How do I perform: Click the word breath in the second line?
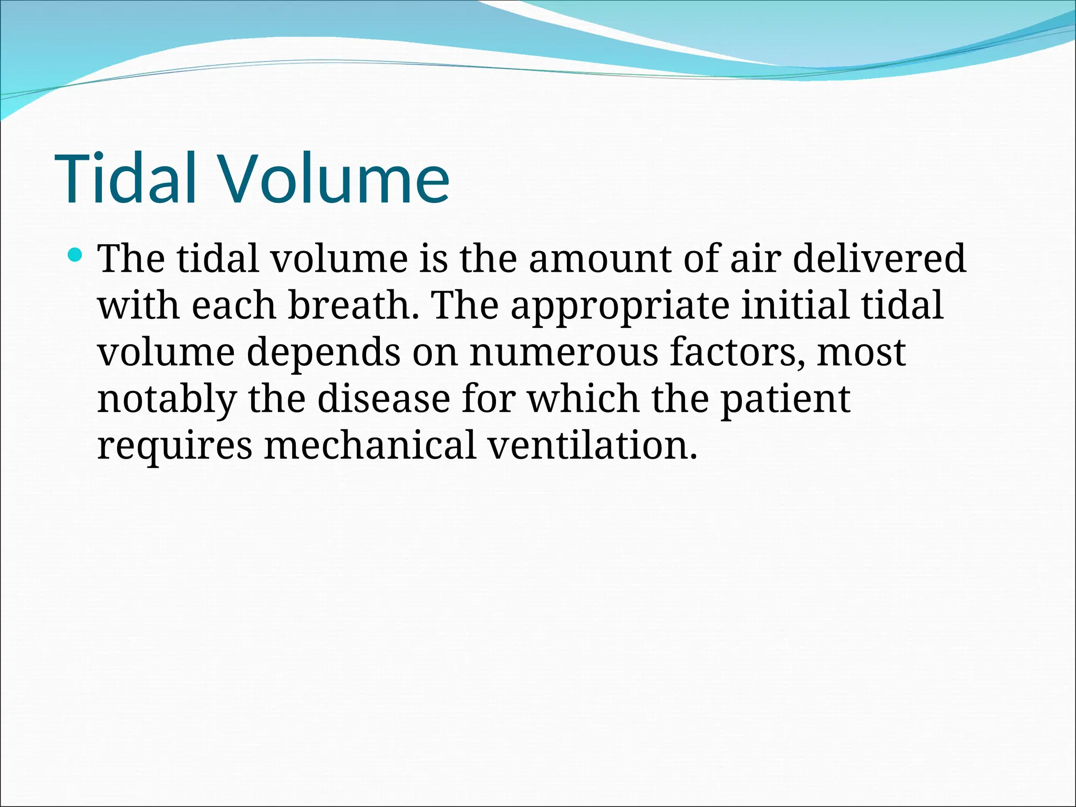click(x=354, y=305)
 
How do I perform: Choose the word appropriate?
click(x=620, y=306)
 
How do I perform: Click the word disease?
click(x=384, y=399)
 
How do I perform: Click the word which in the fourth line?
click(x=583, y=399)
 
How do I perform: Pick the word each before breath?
click(x=233, y=305)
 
